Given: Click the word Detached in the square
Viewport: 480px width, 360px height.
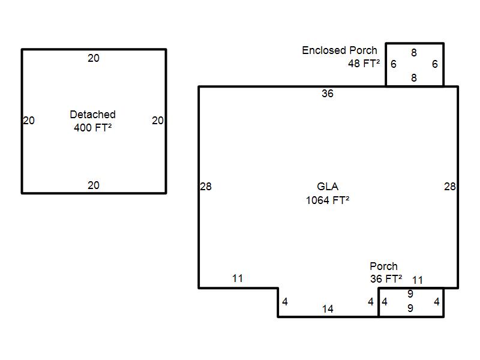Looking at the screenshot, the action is [x=93, y=115].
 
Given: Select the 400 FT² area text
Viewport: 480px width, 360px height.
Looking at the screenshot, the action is [x=93, y=127].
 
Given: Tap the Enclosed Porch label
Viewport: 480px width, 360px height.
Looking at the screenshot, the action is [x=340, y=50].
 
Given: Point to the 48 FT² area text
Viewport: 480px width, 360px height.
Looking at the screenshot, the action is [x=364, y=64].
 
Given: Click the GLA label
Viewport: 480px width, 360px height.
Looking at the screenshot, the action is [x=328, y=187].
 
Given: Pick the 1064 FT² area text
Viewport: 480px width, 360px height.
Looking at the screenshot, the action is [x=328, y=200].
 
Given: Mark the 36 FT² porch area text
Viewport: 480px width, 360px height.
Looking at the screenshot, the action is [x=386, y=279].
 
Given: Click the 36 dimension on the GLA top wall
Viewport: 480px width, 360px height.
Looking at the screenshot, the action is [x=328, y=94].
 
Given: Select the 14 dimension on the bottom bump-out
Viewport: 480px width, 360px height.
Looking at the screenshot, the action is [x=328, y=309].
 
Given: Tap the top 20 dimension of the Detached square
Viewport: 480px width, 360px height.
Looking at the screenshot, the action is [x=94, y=58].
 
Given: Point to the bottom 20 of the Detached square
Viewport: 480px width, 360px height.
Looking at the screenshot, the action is [x=94, y=185].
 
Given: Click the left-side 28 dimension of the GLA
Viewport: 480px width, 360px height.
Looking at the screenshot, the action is [x=206, y=187].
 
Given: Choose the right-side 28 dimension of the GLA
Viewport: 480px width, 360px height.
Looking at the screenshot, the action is [x=449, y=187].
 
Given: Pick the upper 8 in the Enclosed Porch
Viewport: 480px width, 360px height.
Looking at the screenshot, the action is [x=414, y=53].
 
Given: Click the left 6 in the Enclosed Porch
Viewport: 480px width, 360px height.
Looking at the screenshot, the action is [x=394, y=64].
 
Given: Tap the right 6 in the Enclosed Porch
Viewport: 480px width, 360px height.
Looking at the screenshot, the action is [x=434, y=64].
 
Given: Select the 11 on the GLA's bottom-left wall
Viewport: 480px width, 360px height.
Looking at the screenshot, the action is [x=238, y=278].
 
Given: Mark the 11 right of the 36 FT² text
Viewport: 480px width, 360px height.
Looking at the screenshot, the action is [x=418, y=280].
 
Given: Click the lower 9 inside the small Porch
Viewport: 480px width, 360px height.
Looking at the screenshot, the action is [x=410, y=308].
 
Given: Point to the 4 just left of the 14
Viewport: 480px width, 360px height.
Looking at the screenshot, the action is [x=284, y=302].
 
